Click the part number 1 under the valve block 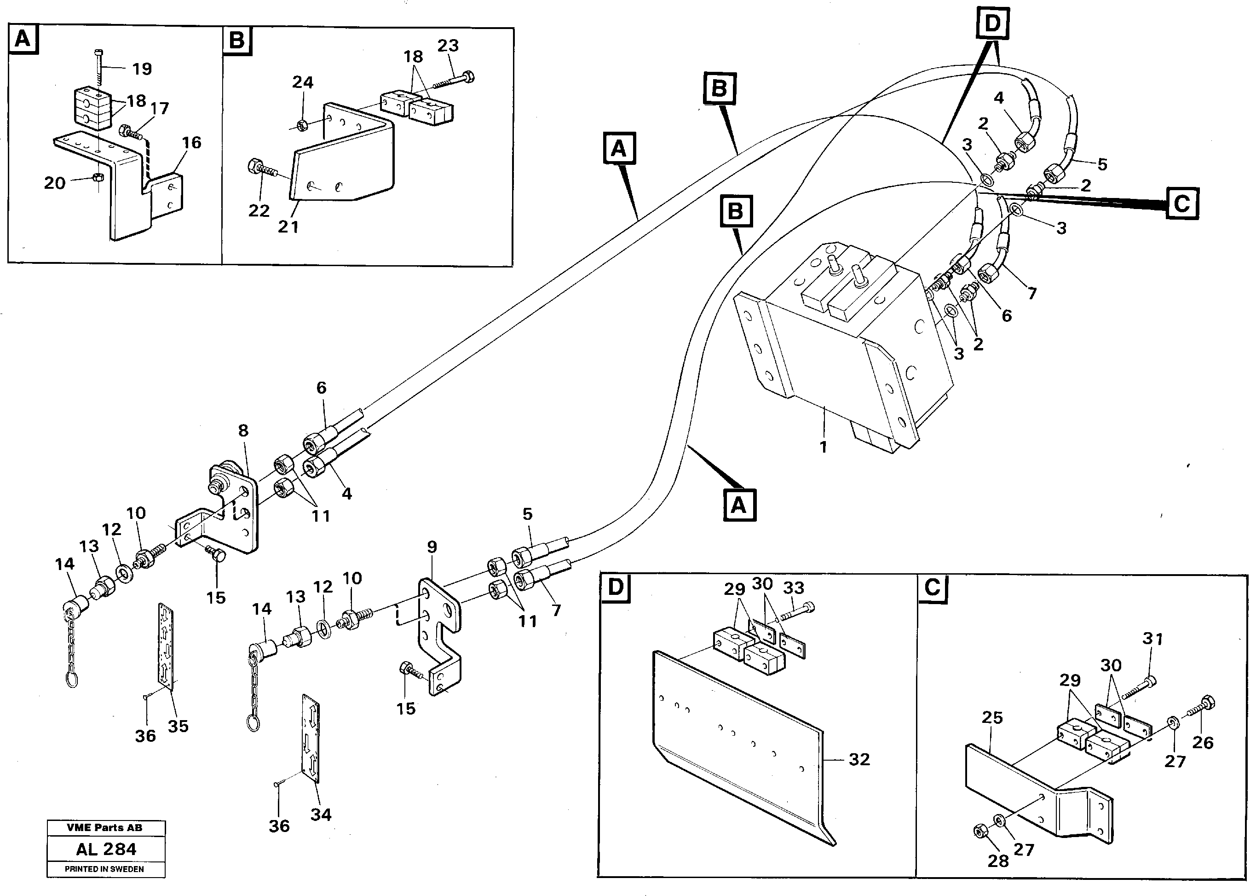click(823, 447)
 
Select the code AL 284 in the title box click(106, 849)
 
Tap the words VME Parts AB click(105, 827)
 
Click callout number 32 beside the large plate click(859, 760)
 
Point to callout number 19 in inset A click(142, 69)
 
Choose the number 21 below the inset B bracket click(288, 227)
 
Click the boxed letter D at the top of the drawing click(992, 24)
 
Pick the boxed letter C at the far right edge click(1182, 204)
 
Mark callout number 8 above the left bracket click(243, 431)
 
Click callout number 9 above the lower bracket click(432, 547)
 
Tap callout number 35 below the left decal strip click(178, 726)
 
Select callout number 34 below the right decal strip click(321, 815)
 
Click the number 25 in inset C click(992, 717)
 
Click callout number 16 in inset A click(191, 143)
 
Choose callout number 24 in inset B click(303, 82)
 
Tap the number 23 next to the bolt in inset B click(448, 45)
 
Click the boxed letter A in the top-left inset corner click(23, 39)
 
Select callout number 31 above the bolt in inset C click(1152, 639)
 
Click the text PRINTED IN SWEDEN click(104, 869)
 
